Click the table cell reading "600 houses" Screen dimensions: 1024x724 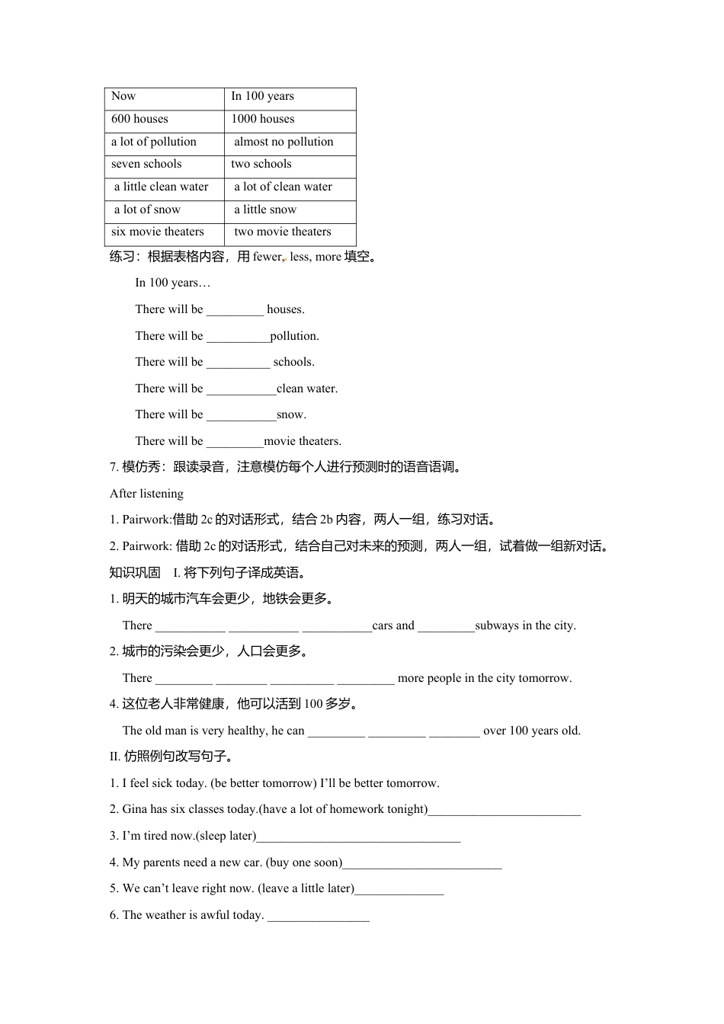(x=140, y=119)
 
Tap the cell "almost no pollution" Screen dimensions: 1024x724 (x=284, y=142)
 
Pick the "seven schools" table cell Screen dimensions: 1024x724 (x=146, y=164)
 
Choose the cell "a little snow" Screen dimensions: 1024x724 (x=265, y=210)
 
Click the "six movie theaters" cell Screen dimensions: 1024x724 (x=158, y=232)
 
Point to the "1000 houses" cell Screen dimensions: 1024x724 (x=263, y=119)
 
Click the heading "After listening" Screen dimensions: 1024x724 (x=146, y=494)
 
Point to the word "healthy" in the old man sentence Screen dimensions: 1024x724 (x=248, y=731)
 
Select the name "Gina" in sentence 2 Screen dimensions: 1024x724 (x=135, y=809)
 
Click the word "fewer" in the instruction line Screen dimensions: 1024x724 (x=267, y=257)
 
